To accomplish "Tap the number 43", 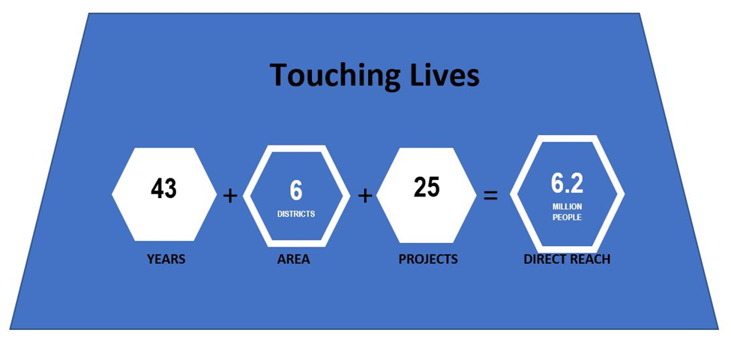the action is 163,189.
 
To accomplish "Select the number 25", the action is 427,187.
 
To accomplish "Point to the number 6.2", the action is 567,183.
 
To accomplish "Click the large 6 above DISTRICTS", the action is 296,190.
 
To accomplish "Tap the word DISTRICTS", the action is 296,214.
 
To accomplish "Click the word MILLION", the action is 567,206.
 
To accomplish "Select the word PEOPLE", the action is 567,217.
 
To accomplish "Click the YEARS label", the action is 166,259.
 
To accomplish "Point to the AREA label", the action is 293,259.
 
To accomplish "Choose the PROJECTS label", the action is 428,259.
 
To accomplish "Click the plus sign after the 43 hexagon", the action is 229,196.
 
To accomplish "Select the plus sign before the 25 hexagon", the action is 365,196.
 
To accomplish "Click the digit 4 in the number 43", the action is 157,189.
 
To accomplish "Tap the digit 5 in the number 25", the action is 433,187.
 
